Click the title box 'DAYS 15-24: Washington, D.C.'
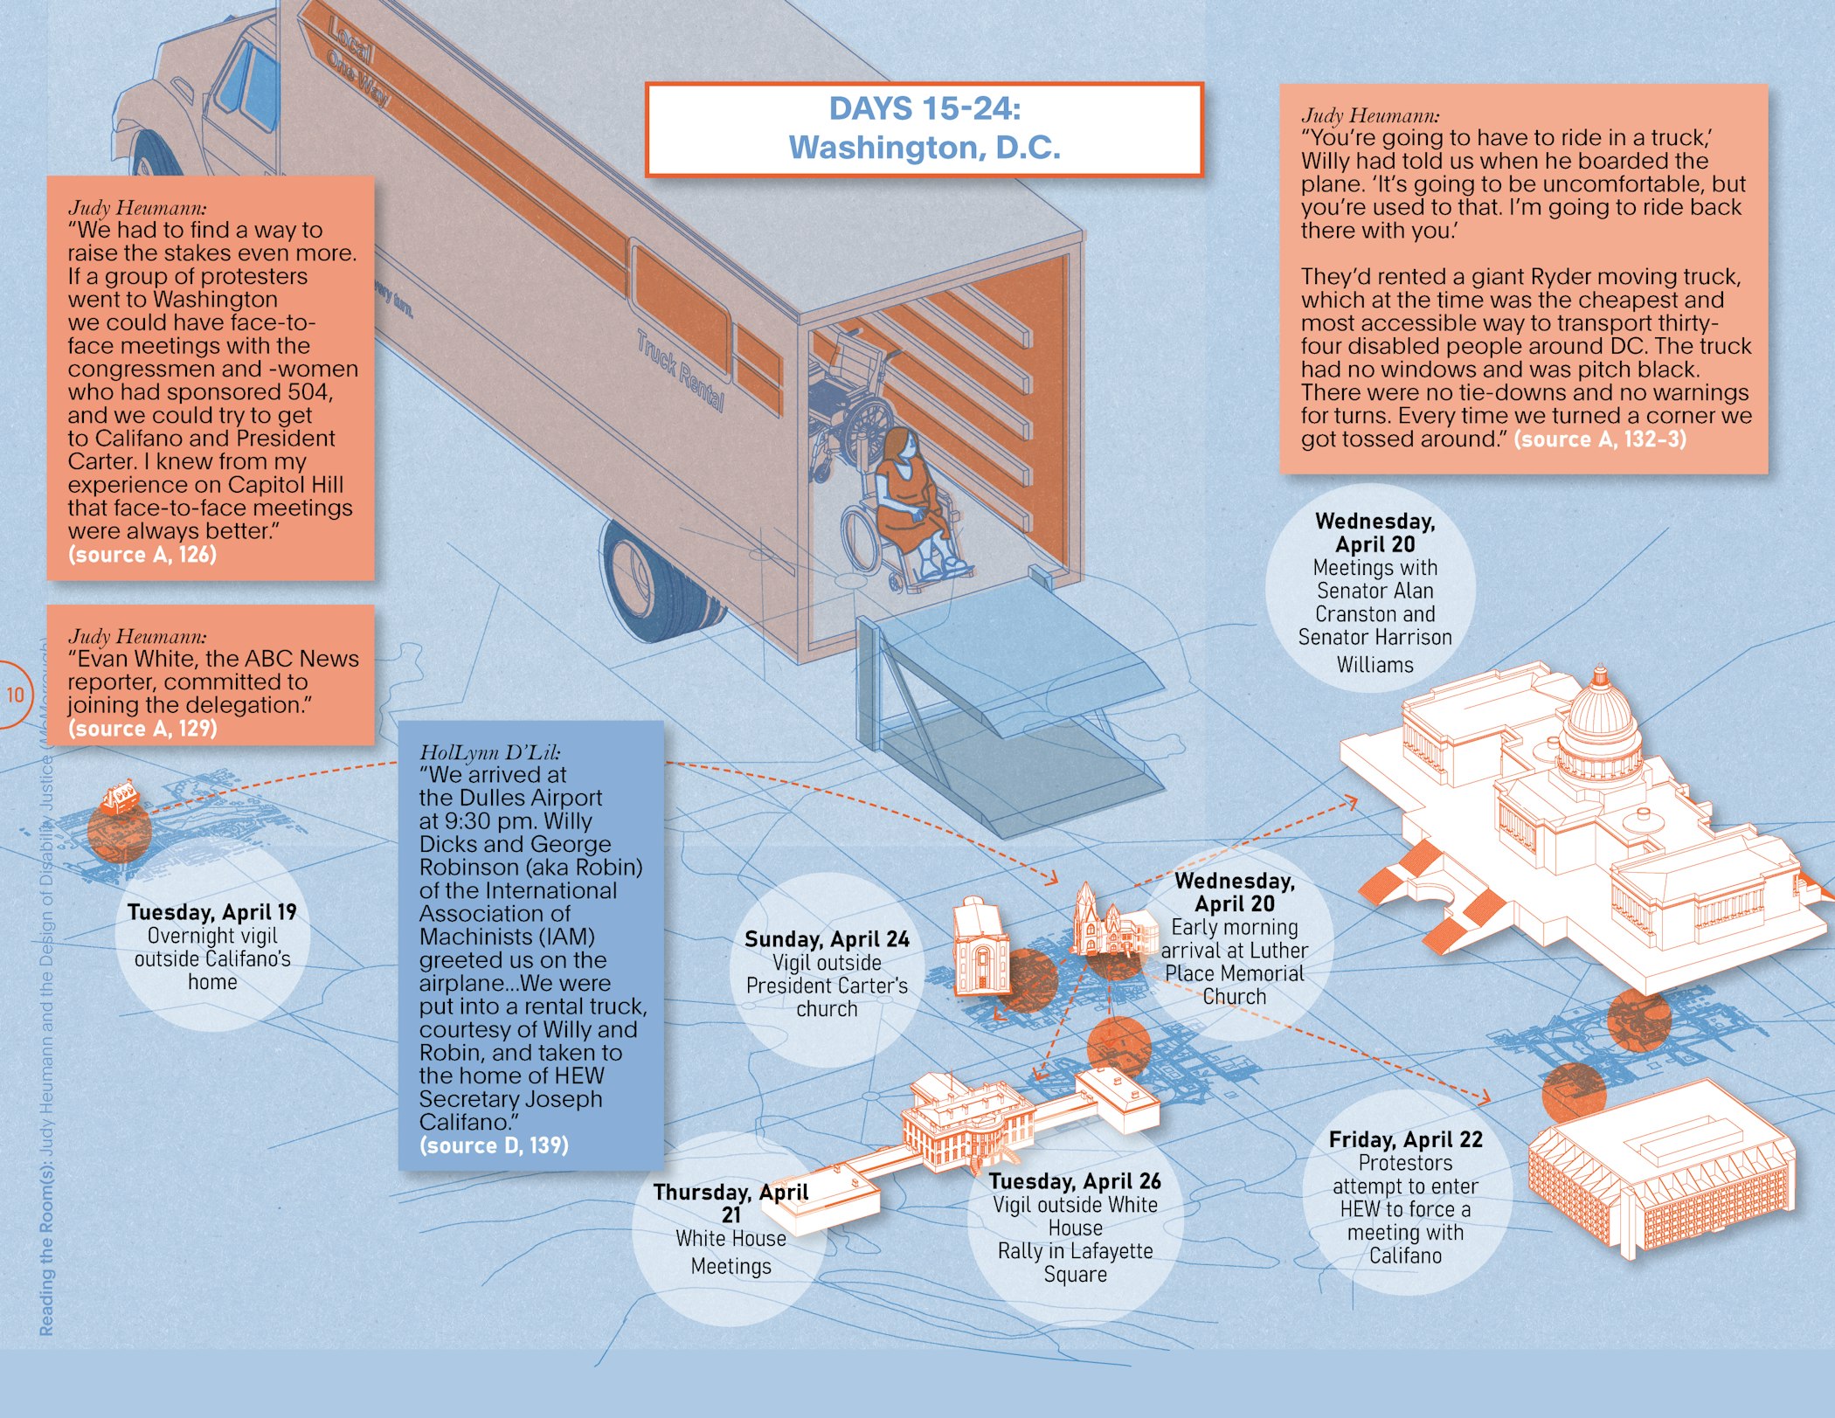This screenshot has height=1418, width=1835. pyautogui.click(x=924, y=129)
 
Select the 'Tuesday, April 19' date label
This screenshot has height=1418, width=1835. pyautogui.click(x=211, y=912)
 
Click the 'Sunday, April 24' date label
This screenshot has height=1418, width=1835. pyautogui.click(x=827, y=939)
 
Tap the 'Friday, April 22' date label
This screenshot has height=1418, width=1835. pyautogui.click(x=1405, y=1139)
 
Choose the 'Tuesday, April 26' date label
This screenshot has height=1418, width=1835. pyautogui.click(x=1075, y=1181)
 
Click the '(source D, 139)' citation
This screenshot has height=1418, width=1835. pyautogui.click(x=494, y=1145)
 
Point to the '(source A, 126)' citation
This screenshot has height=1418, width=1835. pyautogui.click(x=142, y=555)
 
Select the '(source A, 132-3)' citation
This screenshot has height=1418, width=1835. pyautogui.click(x=1600, y=439)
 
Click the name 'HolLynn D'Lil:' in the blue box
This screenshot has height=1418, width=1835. pyautogui.click(x=490, y=752)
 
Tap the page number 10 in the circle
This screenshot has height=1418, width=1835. pyautogui.click(x=15, y=695)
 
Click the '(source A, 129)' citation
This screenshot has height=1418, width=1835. pyautogui.click(x=142, y=729)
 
